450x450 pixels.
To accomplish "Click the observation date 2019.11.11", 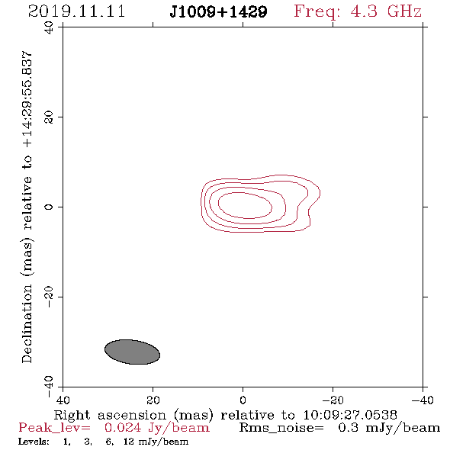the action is [x=76, y=11].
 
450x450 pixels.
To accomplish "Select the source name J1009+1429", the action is [x=218, y=12].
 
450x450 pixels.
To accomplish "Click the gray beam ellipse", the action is [x=132, y=352].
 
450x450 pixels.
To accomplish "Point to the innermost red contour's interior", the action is [x=245, y=205].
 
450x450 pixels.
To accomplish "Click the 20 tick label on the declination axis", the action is [x=49, y=117].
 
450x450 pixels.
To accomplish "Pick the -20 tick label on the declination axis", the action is [x=49, y=297].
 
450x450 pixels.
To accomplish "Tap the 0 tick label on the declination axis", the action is [x=49, y=207].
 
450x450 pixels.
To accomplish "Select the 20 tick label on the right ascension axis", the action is [x=153, y=400].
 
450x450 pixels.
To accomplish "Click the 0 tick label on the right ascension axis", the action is [x=243, y=400].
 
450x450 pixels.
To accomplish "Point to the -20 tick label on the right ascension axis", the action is [x=333, y=400].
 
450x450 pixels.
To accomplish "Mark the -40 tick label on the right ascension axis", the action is [x=423, y=400].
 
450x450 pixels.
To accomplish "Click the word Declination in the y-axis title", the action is [x=27, y=323].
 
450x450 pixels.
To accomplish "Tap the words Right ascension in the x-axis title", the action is [x=110, y=415].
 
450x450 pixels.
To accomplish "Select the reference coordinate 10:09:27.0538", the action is [x=350, y=415].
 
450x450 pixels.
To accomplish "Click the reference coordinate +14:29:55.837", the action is [x=27, y=100].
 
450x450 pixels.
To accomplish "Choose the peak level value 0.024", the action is [x=123, y=428].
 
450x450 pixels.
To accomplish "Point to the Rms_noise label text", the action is [x=281, y=428].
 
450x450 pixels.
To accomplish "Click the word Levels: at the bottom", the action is [x=34, y=442].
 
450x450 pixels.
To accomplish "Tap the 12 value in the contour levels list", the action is [x=129, y=442].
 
